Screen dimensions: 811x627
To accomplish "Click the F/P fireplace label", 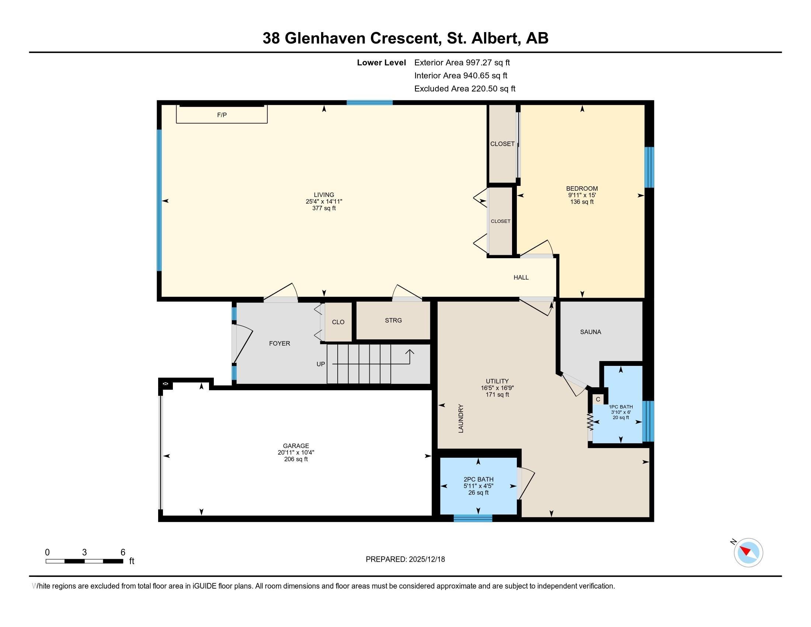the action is pos(222,115).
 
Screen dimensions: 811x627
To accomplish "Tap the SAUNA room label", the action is pos(591,332).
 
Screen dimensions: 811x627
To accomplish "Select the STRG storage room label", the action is pos(393,320).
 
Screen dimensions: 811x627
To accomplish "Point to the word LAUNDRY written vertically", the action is pos(461,418).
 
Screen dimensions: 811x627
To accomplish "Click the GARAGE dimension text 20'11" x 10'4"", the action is pos(296,453).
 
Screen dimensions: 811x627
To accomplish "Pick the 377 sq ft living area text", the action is pos(324,208).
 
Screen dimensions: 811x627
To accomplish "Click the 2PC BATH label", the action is pos(478,479).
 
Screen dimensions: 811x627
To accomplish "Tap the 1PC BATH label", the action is pos(621,407).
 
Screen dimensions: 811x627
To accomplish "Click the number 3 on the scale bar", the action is pos(84,552).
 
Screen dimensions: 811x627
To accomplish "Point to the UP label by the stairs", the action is pos(320,364).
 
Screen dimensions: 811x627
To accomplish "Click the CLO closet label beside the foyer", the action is pos(338,322).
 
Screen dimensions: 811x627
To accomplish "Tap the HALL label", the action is pos(521,277).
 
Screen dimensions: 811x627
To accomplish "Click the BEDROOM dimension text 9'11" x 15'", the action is pos(582,195).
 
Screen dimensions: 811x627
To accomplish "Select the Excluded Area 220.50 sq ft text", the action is pos(465,89).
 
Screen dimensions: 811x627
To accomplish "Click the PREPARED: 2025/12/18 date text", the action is pos(405,559).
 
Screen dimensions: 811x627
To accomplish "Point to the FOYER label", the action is pos(280,344).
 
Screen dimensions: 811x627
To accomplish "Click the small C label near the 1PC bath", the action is pos(598,399).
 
